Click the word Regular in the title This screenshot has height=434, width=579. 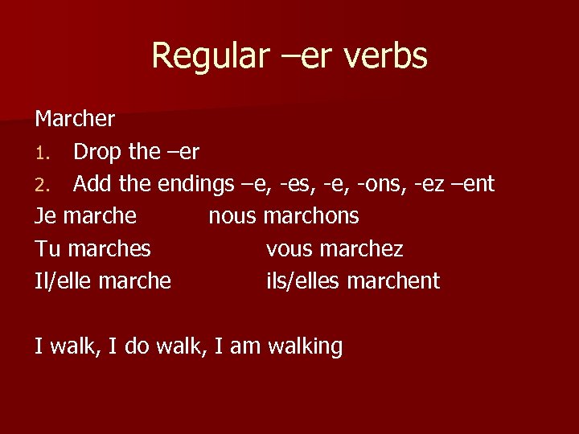201,56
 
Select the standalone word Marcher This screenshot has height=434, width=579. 75,120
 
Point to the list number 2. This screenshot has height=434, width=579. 42,185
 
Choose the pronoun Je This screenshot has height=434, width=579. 46,216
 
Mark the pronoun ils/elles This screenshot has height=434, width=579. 299,280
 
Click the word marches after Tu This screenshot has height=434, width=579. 109,248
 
